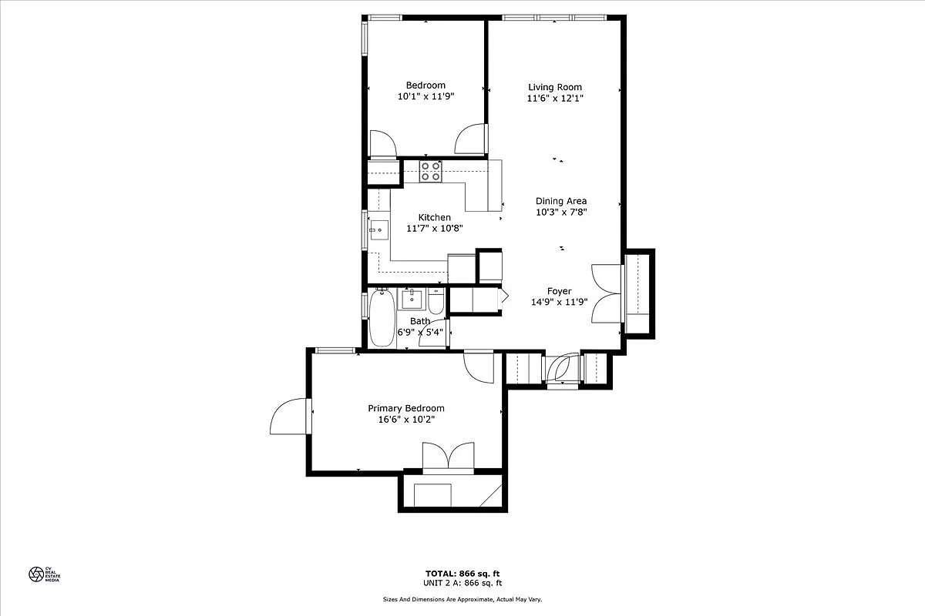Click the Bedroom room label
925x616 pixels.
click(x=425, y=85)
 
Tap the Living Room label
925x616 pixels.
click(x=555, y=87)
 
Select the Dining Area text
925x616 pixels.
click(x=561, y=201)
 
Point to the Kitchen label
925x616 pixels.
click(x=434, y=217)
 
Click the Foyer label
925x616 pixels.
click(x=560, y=291)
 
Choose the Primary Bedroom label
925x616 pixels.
click(x=405, y=408)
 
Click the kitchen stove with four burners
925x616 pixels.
click(x=431, y=170)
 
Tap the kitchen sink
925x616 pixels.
click(x=378, y=229)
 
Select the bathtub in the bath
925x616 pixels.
click(x=381, y=318)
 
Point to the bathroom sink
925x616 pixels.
click(x=411, y=299)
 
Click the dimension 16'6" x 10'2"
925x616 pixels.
click(x=405, y=420)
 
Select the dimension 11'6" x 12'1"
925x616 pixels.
click(x=555, y=99)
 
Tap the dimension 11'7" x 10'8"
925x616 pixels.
click(x=434, y=229)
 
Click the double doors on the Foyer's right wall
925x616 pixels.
click(x=606, y=291)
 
